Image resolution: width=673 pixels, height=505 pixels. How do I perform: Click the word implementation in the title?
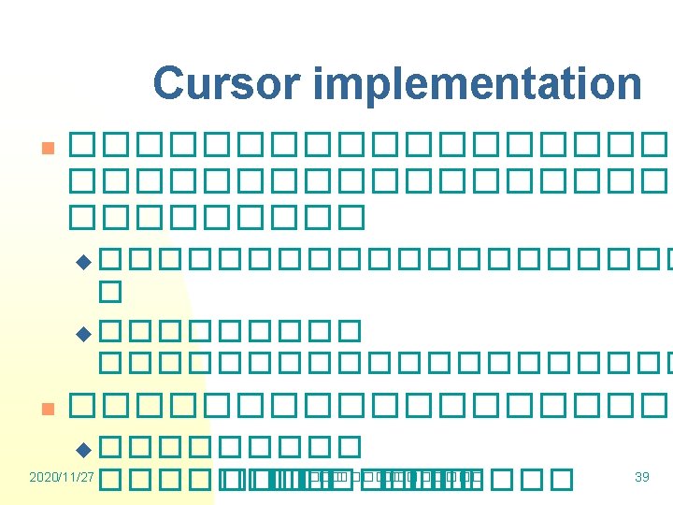[478, 84]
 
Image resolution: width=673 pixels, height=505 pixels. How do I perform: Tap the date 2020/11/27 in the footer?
[62, 477]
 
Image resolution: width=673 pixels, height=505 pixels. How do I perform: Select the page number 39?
[641, 477]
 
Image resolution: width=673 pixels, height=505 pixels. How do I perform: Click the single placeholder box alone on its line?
[111, 291]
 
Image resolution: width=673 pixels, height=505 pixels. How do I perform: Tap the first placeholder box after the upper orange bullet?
[81, 145]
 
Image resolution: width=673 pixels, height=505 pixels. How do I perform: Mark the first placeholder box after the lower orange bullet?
[81, 405]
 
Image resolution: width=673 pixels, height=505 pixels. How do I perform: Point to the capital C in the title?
[169, 83]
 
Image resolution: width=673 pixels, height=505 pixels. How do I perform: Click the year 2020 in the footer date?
[43, 477]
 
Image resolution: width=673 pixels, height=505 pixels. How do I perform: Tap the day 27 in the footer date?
[87, 477]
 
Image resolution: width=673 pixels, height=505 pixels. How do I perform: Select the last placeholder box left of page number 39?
[560, 479]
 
